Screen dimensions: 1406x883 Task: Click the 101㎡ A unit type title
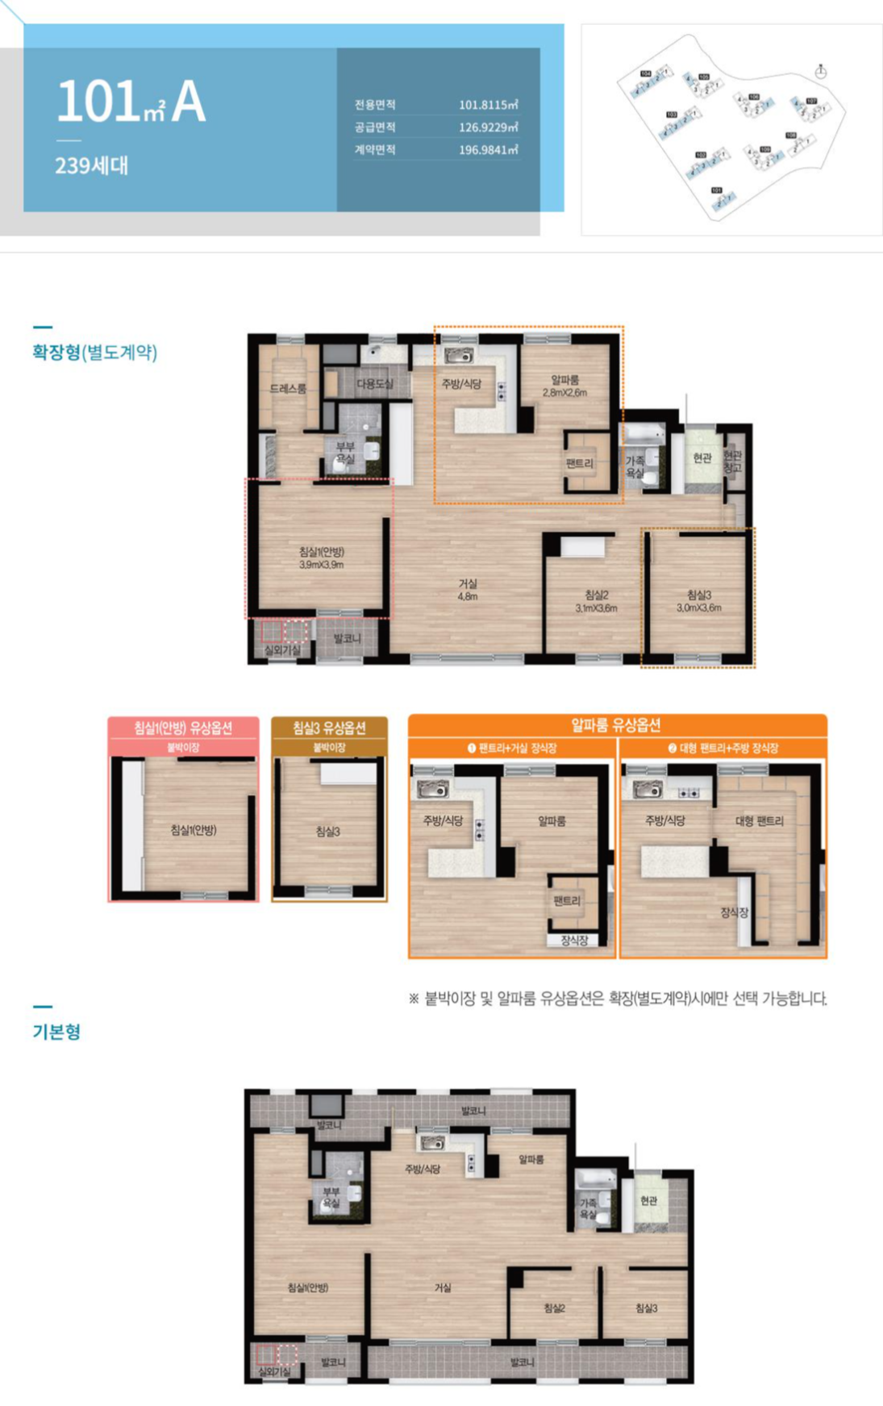[131, 102]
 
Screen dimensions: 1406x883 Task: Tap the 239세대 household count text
[91, 166]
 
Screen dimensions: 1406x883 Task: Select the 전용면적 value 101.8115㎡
[488, 105]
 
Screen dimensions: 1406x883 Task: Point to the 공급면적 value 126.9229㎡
[488, 127]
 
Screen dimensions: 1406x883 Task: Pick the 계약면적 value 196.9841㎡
[488, 150]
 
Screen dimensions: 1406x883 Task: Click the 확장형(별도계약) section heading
[94, 353]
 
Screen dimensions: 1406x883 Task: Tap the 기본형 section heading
[56, 1032]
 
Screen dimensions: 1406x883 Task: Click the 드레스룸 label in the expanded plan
[288, 389]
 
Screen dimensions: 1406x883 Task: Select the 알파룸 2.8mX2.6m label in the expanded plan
[564, 386]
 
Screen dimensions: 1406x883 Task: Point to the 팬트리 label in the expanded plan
[579, 463]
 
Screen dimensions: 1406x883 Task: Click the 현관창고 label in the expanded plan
[732, 461]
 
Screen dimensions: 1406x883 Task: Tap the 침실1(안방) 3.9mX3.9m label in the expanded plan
[321, 557]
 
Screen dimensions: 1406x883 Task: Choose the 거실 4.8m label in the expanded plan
[468, 589]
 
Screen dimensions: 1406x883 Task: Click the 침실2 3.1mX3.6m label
[596, 601]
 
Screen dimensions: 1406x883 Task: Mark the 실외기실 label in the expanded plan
[282, 649]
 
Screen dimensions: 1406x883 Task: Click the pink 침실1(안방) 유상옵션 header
[183, 728]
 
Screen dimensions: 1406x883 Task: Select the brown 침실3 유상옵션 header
[329, 728]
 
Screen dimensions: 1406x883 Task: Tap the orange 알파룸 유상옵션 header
[617, 724]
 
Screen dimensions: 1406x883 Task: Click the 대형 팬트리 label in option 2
[759, 821]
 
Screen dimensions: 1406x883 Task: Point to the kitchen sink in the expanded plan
[459, 356]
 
